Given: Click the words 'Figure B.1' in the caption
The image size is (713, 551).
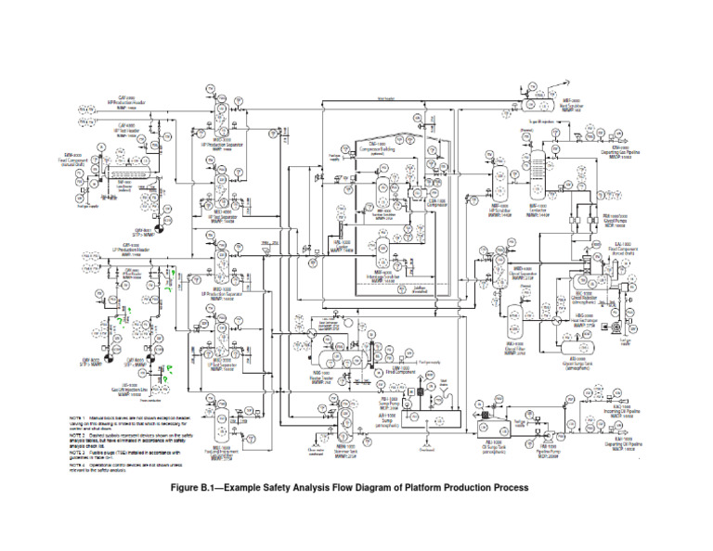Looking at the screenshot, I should pos(214,487).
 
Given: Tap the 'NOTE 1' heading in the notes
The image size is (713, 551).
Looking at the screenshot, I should pos(82,419).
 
